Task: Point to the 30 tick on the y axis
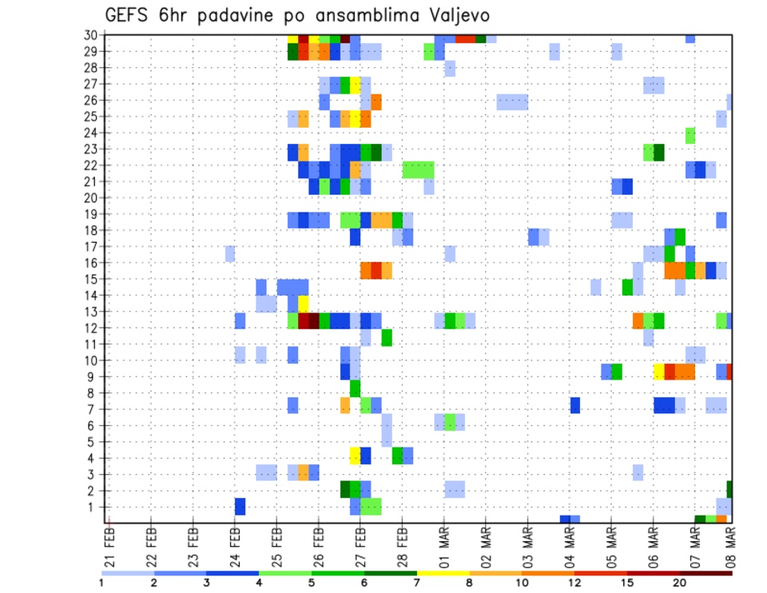[x=91, y=35]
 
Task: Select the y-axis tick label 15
[x=91, y=279]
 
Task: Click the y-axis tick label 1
[x=94, y=507]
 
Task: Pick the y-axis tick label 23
[x=91, y=149]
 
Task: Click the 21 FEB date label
[x=109, y=543]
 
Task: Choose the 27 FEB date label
[x=360, y=543]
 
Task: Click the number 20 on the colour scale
[x=680, y=583]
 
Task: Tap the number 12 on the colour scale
[x=574, y=583]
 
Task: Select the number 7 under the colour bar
[x=417, y=583]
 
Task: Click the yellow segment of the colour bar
[x=443, y=572]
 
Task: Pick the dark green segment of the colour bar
[x=391, y=572]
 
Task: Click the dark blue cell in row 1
[x=240, y=507]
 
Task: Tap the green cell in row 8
[x=355, y=388]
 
